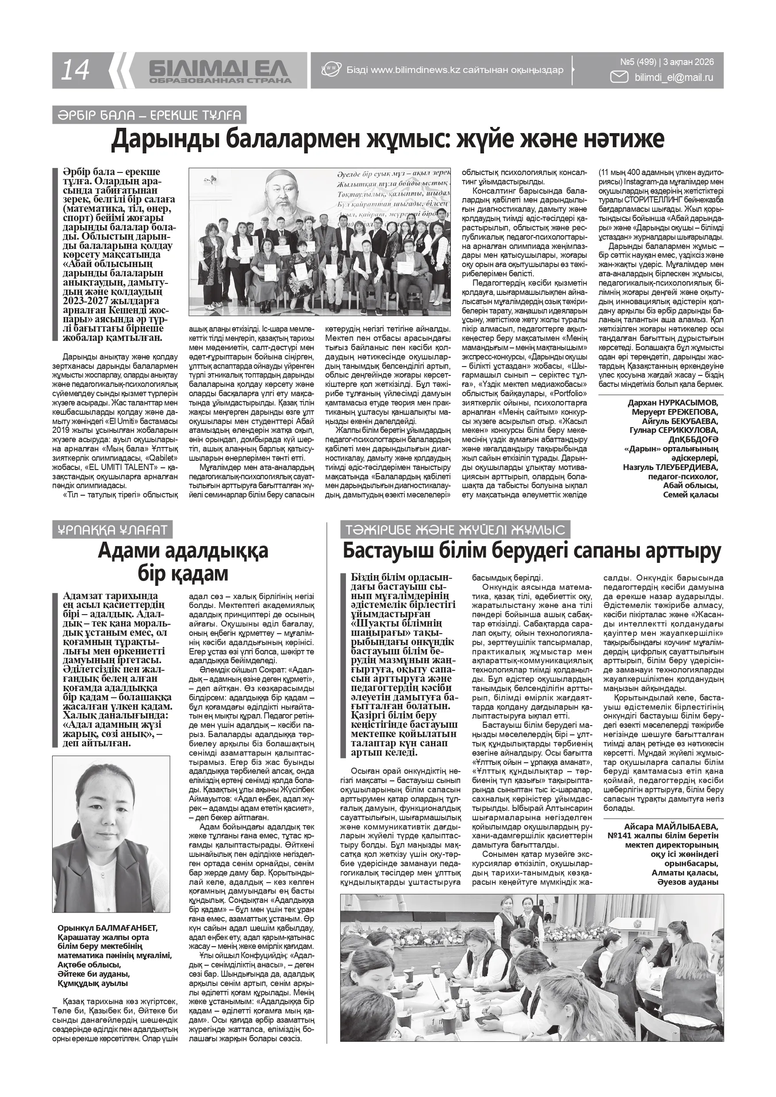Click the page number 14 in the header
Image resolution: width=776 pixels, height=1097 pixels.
point(75,71)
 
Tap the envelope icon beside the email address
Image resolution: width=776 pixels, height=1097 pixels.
point(620,77)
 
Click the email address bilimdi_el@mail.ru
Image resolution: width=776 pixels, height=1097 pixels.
point(674,77)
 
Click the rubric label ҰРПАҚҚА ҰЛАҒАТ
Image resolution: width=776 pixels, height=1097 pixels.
point(112,529)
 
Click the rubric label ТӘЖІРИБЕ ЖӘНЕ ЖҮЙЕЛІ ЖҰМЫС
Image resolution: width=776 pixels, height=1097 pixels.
point(455,529)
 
